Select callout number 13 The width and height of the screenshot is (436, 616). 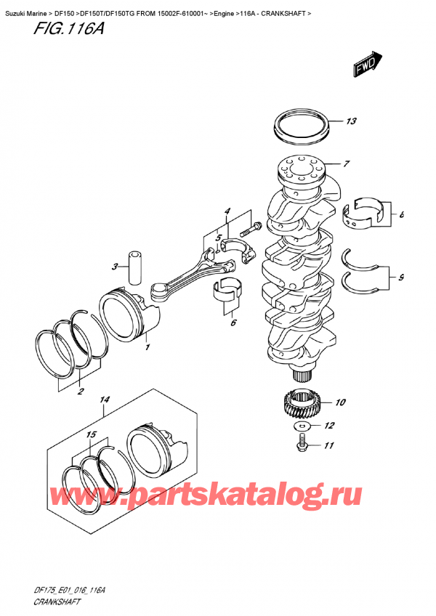tap(352, 121)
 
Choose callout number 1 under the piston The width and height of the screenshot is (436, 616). tap(148, 348)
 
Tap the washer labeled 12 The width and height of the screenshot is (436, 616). tap(304, 426)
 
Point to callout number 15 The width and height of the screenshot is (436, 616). tap(91, 434)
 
